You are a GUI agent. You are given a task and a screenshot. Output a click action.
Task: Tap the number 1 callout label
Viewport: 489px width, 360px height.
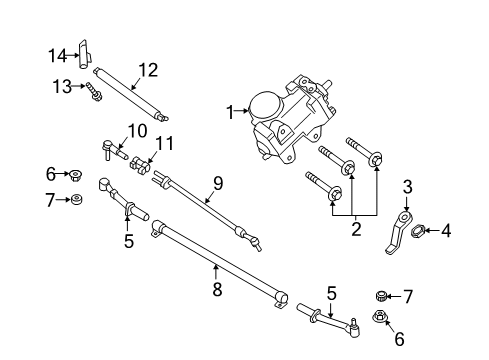229,113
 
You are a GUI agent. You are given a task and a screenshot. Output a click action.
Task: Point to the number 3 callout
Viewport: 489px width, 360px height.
407,186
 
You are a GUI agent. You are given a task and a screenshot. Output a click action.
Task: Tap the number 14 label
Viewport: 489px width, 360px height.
58,54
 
